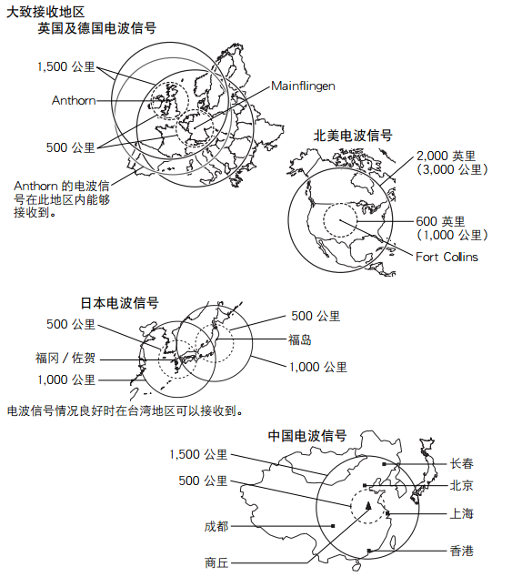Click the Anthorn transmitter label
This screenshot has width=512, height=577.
point(74,100)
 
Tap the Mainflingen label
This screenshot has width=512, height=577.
point(304,86)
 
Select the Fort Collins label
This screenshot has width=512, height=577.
point(447,257)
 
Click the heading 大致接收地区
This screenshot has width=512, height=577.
point(45,12)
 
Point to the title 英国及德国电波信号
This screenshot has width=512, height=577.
point(97,28)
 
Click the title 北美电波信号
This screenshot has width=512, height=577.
point(353,136)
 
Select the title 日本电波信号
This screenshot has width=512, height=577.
point(120,303)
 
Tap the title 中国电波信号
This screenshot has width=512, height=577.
point(307,436)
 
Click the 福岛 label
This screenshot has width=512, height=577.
point(300,339)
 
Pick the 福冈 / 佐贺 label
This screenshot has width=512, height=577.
point(65,358)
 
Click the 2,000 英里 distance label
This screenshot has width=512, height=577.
point(447,156)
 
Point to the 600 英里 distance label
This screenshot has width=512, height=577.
point(441,221)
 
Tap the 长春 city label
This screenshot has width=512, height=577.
point(462,463)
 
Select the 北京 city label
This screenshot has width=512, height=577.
point(462,486)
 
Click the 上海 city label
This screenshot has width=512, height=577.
point(462,513)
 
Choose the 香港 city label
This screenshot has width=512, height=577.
point(462,551)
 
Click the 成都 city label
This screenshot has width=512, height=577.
point(216,527)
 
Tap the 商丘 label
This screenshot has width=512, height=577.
point(216,562)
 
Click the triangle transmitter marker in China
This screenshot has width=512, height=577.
point(367,506)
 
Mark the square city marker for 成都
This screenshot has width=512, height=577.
point(333,526)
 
